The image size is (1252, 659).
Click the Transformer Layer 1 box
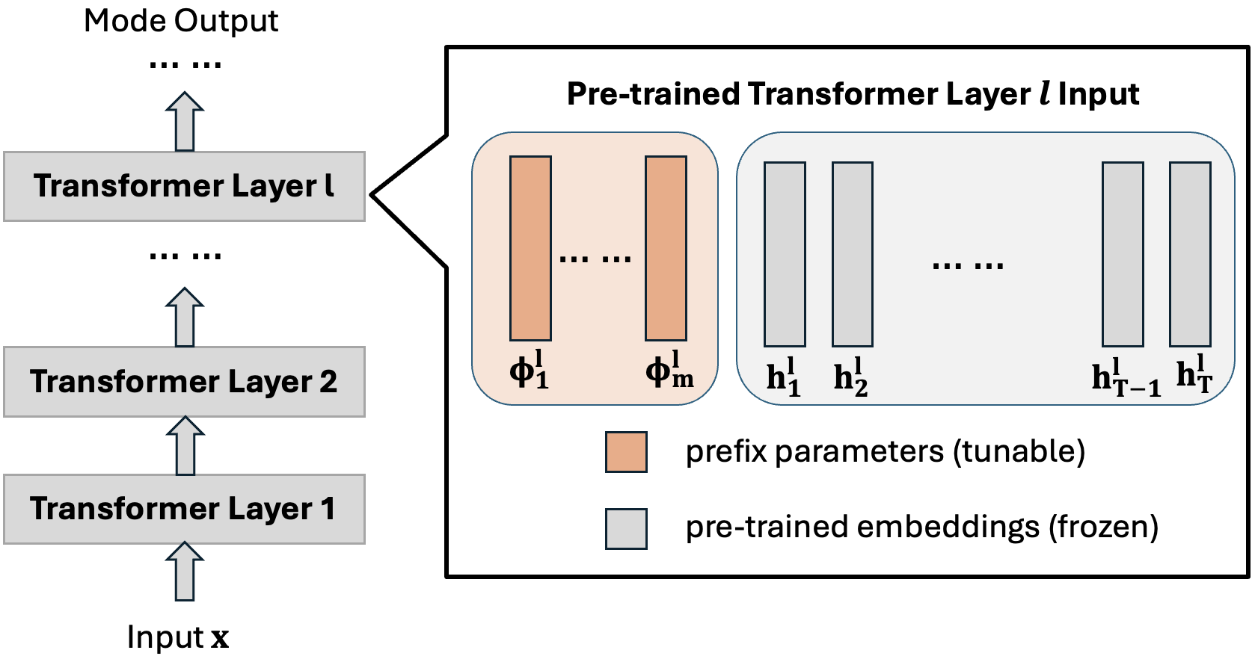pos(184,509)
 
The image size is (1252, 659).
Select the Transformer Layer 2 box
pos(184,381)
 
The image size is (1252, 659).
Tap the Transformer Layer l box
pos(184,186)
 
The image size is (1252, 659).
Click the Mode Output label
pos(181,20)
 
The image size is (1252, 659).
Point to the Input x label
pos(178,637)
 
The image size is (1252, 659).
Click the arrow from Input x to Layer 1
pos(185,572)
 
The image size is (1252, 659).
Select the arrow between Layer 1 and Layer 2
pos(185,446)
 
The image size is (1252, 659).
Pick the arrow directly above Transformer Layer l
pos(185,122)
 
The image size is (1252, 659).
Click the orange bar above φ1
pos(530,248)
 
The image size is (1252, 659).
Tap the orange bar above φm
pos(666,248)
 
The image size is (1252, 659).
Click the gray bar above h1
pos(785,254)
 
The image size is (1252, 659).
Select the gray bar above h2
pos(853,254)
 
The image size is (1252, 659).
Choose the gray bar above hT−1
pos(1123,254)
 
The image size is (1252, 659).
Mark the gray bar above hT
pos(1190,254)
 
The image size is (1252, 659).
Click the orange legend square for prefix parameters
pos(626,452)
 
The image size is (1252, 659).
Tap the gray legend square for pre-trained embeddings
pos(626,529)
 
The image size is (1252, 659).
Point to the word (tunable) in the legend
pos(1019,451)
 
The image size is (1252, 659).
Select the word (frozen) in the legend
pos(1103,527)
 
